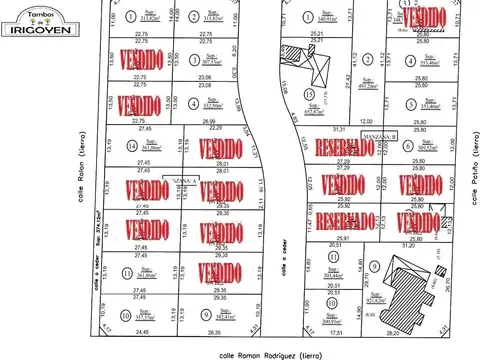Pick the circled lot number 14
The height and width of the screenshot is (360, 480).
pos(133,148)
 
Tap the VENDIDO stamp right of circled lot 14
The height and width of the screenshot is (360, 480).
pos(221,148)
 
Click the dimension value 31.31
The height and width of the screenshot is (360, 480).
pos(340,129)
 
